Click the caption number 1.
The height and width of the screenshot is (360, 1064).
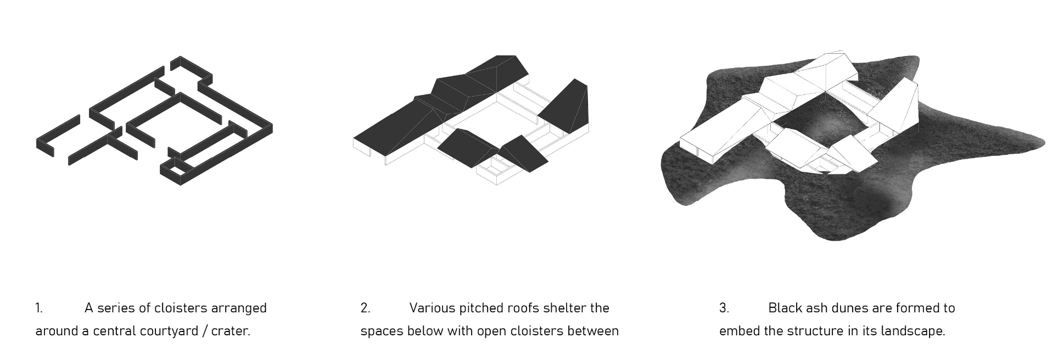coord(38,308)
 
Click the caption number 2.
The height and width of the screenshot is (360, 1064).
coord(365,308)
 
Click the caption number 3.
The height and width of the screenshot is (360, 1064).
coord(724,308)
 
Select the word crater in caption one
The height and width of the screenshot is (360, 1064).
coord(230,331)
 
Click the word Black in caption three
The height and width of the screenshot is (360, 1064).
coord(785,308)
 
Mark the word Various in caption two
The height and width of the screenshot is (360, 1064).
coord(432,308)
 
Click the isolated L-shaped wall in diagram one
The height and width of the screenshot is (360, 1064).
coord(57,137)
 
